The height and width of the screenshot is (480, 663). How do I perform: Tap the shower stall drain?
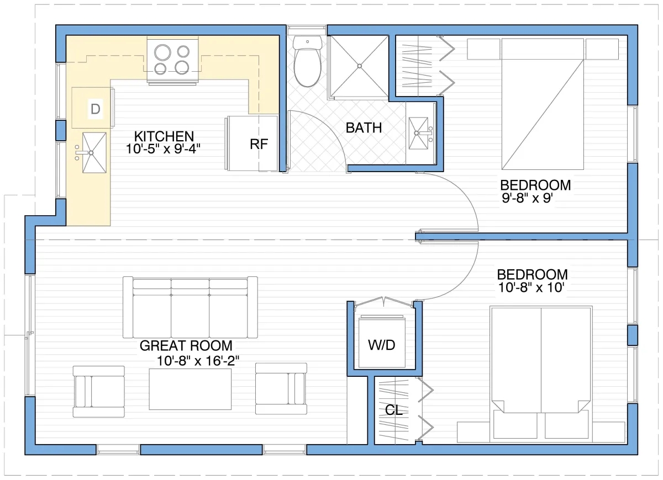pyautogui.click(x=359, y=66)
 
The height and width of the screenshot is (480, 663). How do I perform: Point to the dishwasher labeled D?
pyautogui.click(x=95, y=109)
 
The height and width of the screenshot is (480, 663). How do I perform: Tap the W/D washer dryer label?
pyautogui.click(x=382, y=345)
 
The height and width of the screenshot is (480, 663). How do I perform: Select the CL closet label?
pyautogui.click(x=393, y=410)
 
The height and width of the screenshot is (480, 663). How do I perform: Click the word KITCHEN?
pyautogui.click(x=164, y=136)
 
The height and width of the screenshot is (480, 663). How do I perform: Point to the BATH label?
pyautogui.click(x=364, y=128)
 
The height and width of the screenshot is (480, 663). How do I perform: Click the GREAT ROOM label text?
pyautogui.click(x=186, y=346)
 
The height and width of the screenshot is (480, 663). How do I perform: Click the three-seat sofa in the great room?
pyautogui.click(x=190, y=307)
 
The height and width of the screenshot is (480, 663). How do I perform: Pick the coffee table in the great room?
pyautogui.click(x=190, y=389)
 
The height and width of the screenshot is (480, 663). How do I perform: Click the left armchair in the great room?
pyautogui.click(x=99, y=391)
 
